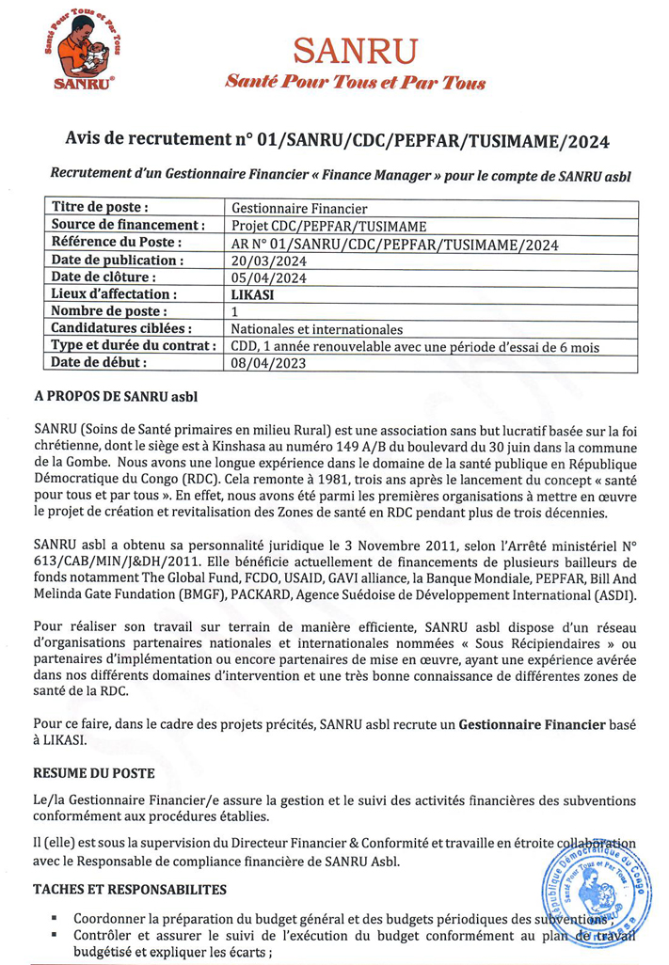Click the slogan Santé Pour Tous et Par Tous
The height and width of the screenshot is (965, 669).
(x=355, y=83)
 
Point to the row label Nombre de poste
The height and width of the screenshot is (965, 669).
(x=109, y=311)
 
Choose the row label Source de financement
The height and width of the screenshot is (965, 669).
(x=128, y=226)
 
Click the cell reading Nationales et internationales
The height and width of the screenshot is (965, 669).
(x=316, y=329)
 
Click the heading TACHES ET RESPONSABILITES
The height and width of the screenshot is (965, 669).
(x=129, y=888)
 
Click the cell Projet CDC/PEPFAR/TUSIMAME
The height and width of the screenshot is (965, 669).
(x=328, y=226)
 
